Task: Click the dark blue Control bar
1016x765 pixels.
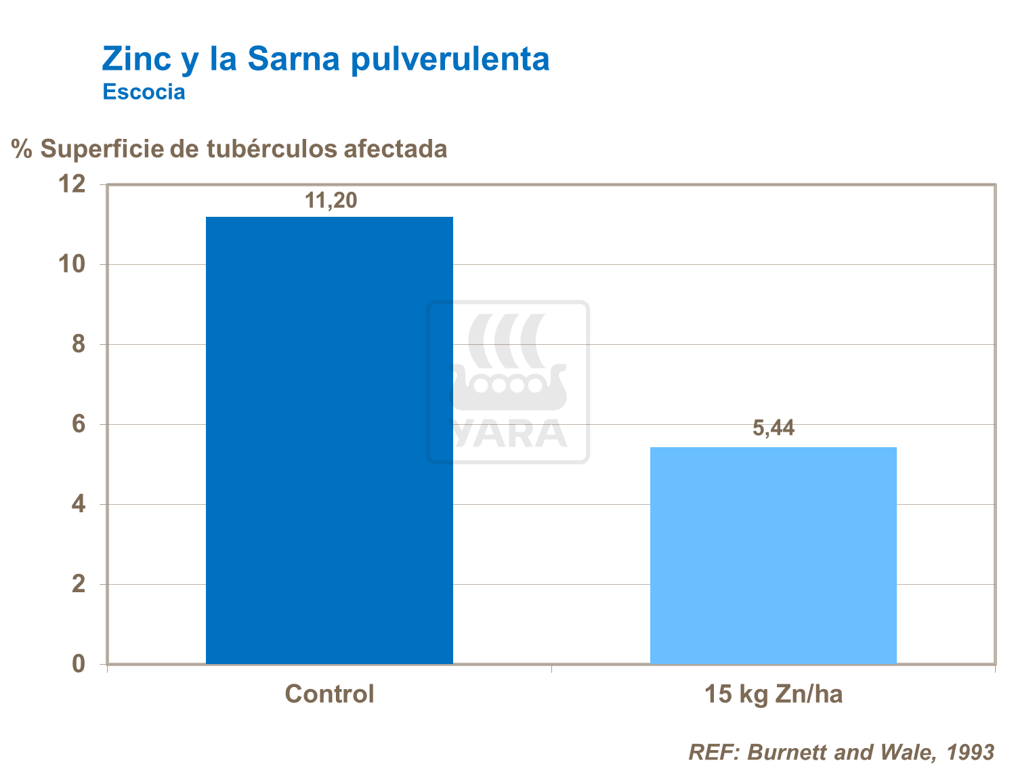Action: click(329, 440)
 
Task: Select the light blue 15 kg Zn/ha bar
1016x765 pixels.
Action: click(773, 556)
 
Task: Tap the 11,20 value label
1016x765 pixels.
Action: click(331, 201)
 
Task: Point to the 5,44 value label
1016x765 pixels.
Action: click(774, 428)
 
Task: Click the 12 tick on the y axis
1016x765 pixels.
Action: click(72, 184)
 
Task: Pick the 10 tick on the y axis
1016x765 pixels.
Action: click(72, 264)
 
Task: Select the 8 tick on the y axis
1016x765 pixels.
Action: click(79, 344)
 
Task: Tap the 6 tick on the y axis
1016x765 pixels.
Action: click(79, 424)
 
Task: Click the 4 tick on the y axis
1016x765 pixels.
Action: click(79, 504)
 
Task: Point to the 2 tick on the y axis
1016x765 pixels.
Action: click(79, 584)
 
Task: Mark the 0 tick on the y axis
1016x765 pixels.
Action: click(79, 664)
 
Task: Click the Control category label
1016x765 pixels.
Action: click(329, 695)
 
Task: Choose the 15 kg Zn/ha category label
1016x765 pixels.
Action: click(774, 695)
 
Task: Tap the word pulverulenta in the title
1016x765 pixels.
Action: click(450, 60)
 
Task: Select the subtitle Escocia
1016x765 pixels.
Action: click(144, 91)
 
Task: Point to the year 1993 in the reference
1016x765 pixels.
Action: click(970, 752)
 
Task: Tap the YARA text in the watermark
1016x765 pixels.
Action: click(509, 434)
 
